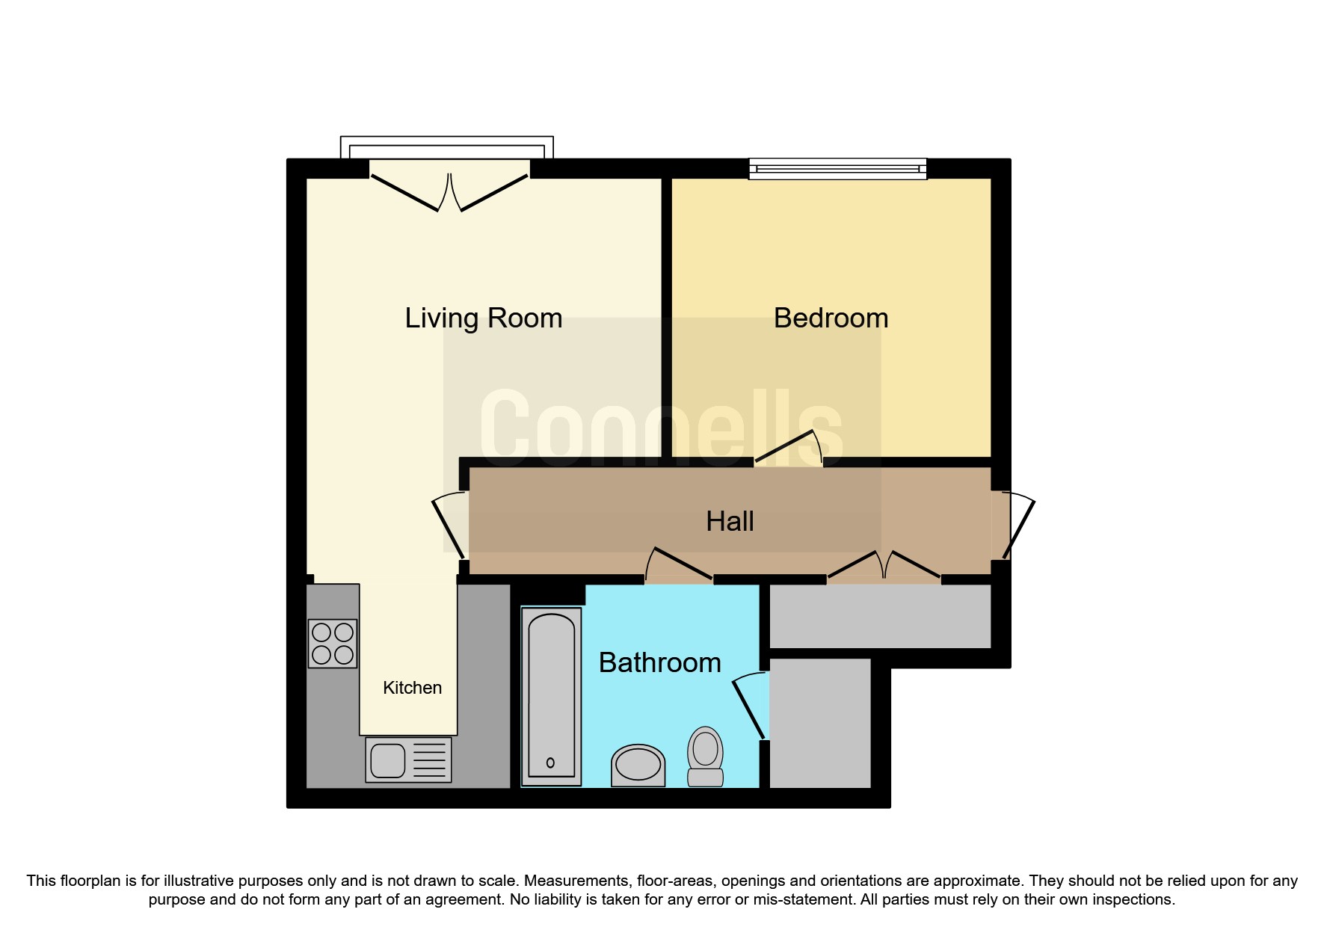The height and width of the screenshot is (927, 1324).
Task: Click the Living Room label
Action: click(483, 318)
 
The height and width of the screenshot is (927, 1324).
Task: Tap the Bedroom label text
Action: click(831, 318)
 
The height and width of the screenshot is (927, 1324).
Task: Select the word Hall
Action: click(730, 521)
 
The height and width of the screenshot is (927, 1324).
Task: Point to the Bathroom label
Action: click(659, 663)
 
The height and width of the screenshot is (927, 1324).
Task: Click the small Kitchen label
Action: click(412, 688)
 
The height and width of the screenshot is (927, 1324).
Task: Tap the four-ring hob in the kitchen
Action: click(333, 643)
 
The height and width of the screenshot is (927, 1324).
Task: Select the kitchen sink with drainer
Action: click(408, 760)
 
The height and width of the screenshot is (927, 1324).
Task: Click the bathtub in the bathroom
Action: click(552, 696)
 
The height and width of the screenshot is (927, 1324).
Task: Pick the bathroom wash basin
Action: click(638, 765)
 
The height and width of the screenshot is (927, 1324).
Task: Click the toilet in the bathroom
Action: click(705, 756)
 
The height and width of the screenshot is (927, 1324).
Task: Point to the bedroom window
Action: click(837, 168)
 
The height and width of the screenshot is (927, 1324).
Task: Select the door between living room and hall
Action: click(449, 525)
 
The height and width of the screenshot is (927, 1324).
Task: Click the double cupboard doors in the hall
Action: click(884, 567)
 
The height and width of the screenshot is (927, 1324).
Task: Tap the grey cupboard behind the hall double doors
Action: click(880, 616)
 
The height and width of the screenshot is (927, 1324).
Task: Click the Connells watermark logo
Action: click(662, 426)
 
